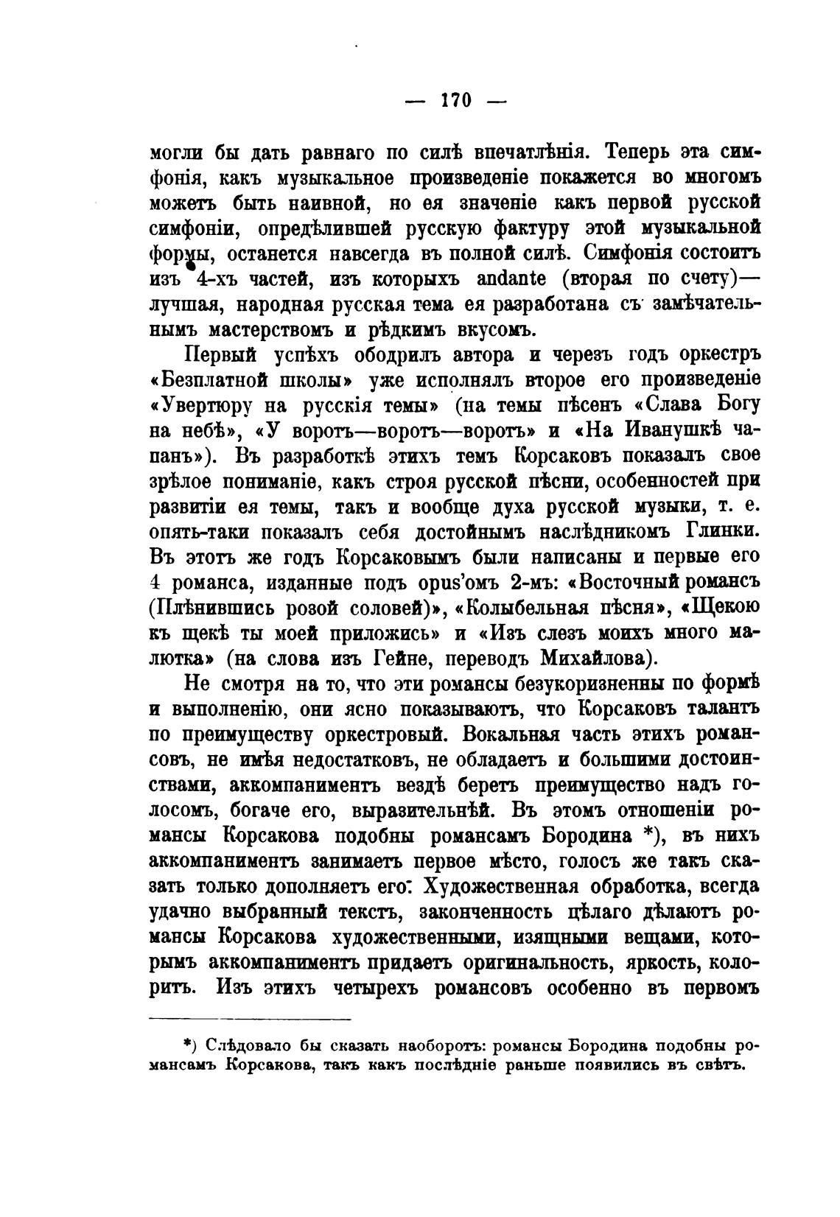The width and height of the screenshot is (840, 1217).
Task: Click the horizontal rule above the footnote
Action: click(250, 1020)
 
